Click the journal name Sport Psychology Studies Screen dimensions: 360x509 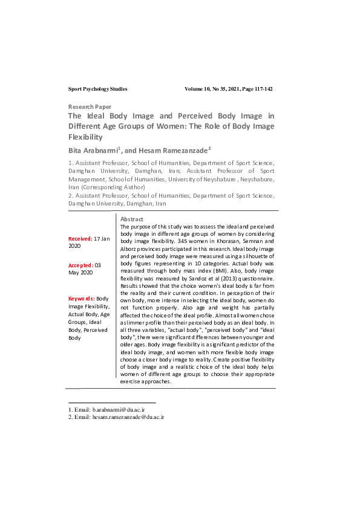coord(97,89)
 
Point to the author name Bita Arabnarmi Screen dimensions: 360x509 coord(93,150)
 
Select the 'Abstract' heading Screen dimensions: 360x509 coord(132,219)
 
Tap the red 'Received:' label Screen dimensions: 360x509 coord(80,239)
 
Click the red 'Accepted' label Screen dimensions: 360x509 coord(80,265)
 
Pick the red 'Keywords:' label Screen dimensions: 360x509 coord(82,299)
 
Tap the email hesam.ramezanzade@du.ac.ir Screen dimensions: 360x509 coord(128,417)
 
